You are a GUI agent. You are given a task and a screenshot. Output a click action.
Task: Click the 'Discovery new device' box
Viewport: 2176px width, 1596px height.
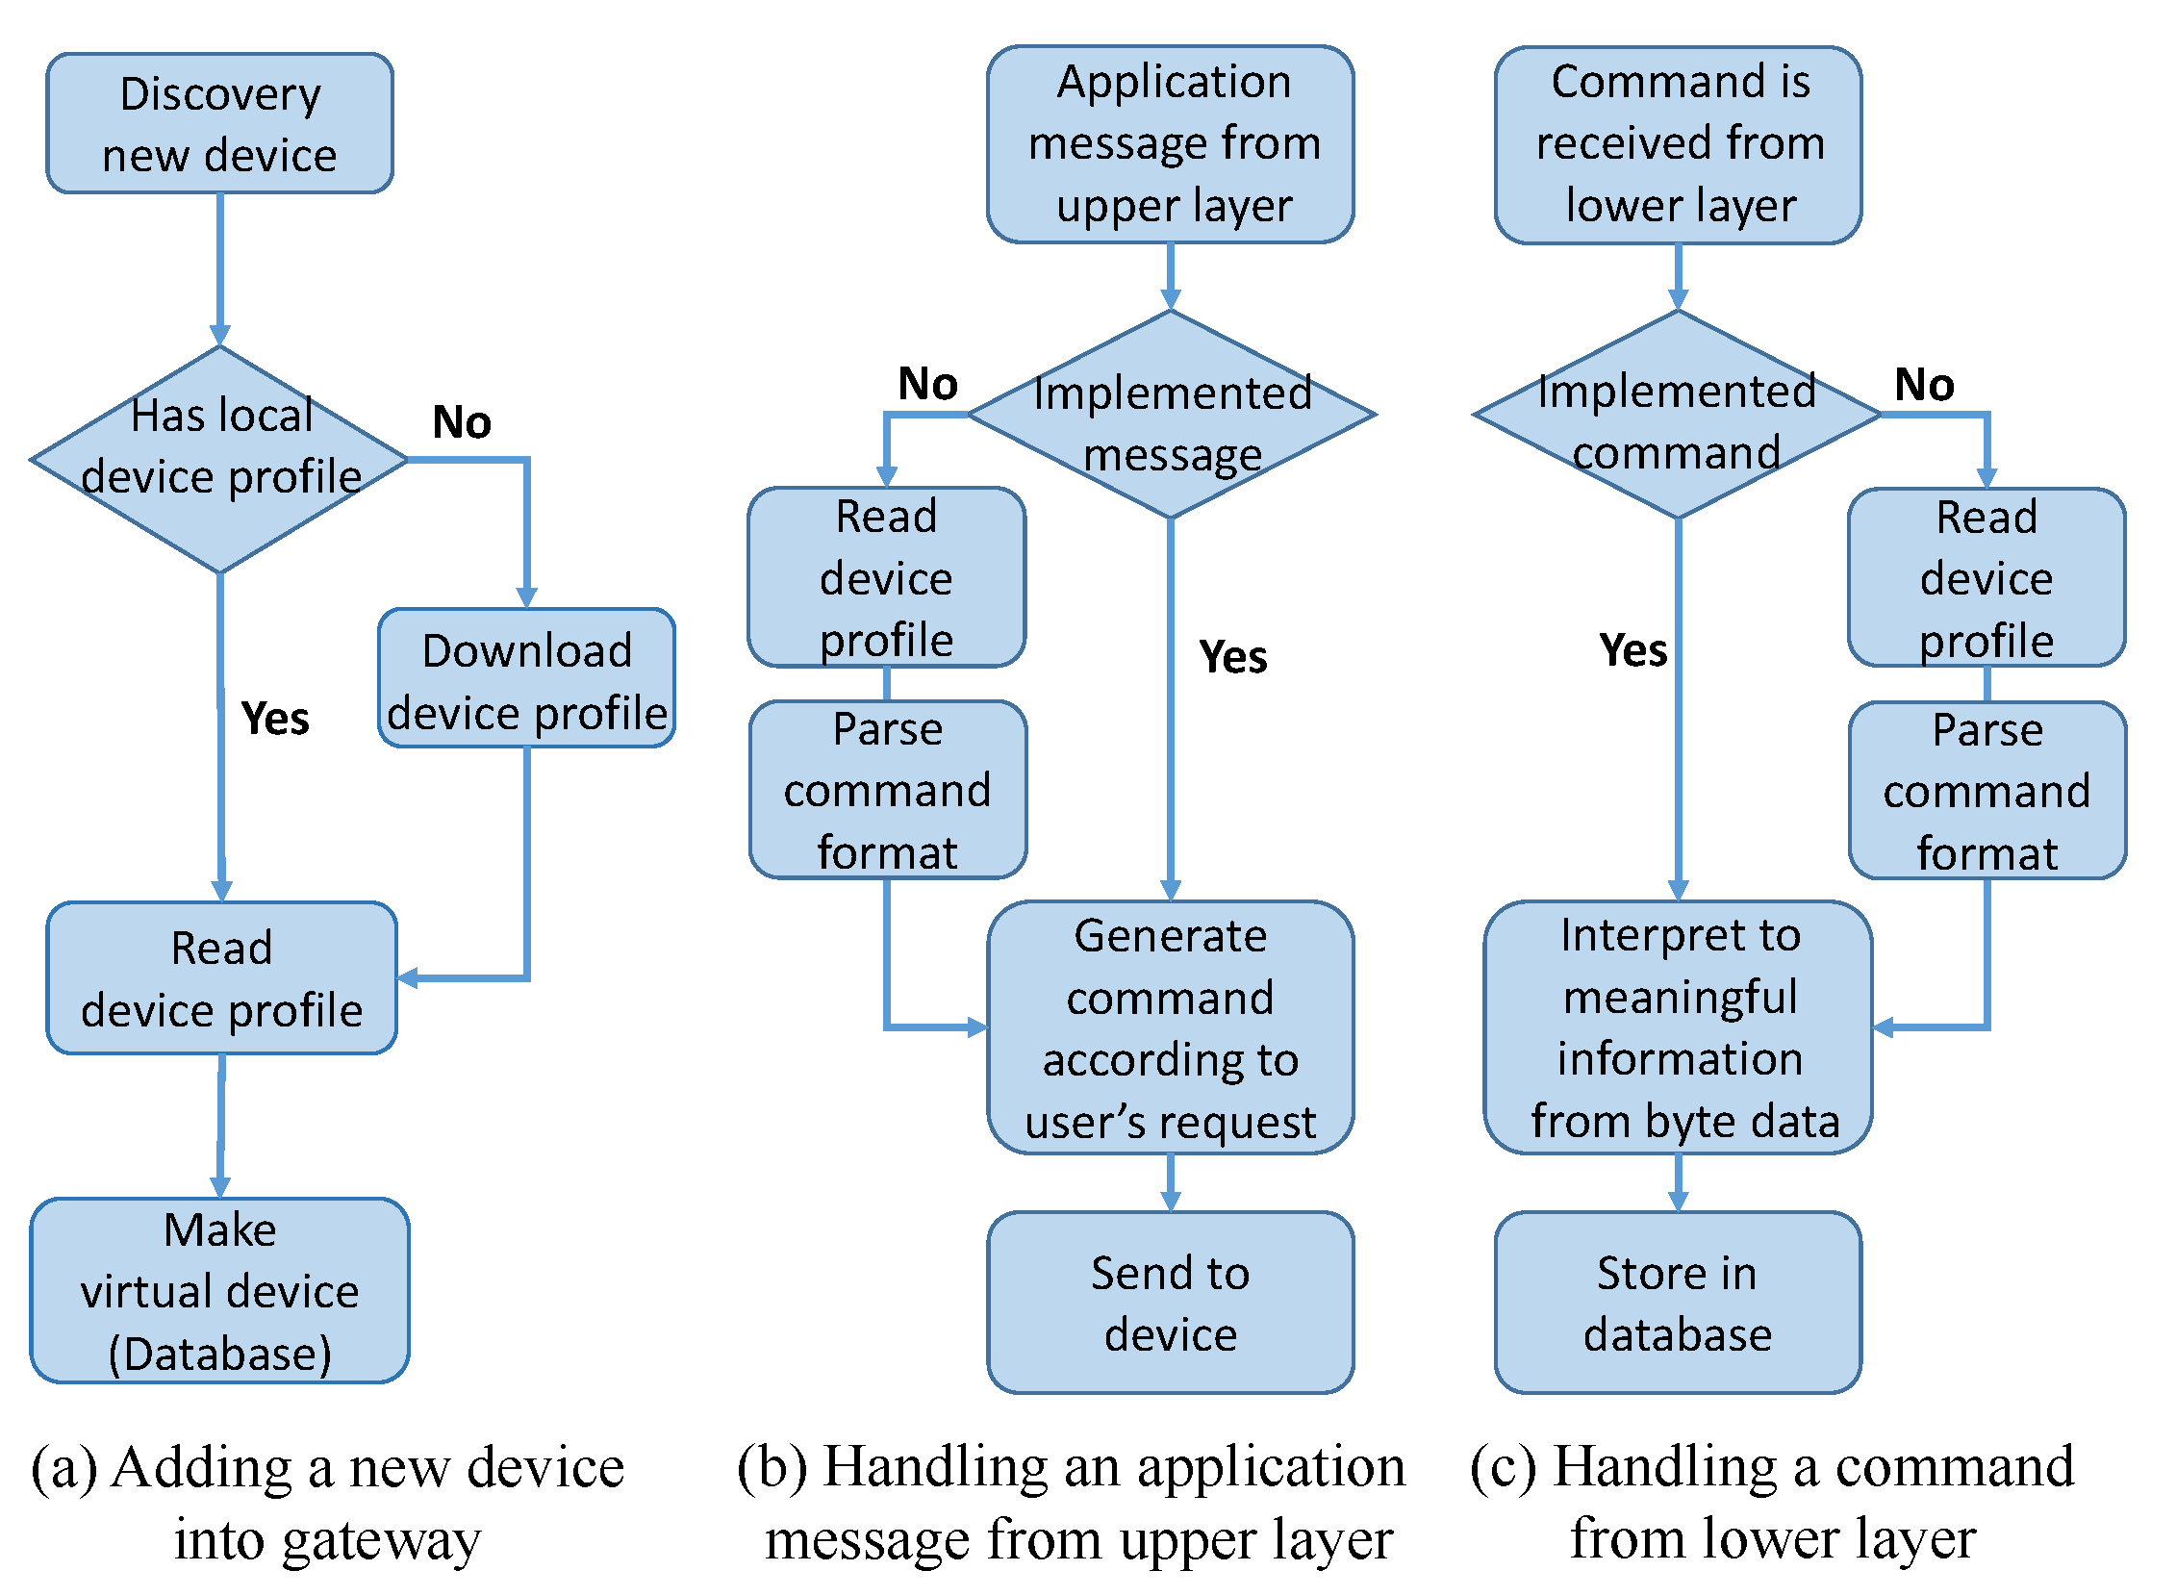pyautogui.click(x=219, y=124)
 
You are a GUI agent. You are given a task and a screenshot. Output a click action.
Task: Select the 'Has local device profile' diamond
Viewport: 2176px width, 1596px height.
pyautogui.click(x=219, y=460)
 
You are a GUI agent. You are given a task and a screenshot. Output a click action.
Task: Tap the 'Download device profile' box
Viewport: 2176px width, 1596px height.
pyautogui.click(x=526, y=678)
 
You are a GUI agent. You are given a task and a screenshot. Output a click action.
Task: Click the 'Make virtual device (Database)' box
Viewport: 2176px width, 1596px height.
pyautogui.click(x=219, y=1292)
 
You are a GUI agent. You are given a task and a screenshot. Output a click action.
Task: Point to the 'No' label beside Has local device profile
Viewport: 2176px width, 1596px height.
pyautogui.click(x=462, y=422)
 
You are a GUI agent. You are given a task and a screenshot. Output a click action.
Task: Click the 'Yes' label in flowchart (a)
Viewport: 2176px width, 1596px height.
pyautogui.click(x=275, y=719)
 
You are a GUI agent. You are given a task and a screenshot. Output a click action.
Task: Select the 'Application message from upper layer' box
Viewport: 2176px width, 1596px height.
pyautogui.click(x=1171, y=144)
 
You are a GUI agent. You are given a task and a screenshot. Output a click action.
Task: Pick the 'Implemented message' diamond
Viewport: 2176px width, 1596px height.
pyautogui.click(x=1171, y=416)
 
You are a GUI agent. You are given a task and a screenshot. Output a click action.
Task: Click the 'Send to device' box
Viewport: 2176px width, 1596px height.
pyautogui.click(x=1171, y=1304)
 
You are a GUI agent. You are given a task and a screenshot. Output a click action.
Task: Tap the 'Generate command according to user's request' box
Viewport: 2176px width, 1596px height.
pyautogui.click(x=1171, y=1028)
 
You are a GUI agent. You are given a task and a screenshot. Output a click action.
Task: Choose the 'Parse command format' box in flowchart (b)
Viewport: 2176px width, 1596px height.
pyautogui.click(x=888, y=790)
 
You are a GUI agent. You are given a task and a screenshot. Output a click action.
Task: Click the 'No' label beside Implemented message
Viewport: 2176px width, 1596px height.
pyautogui.click(x=927, y=384)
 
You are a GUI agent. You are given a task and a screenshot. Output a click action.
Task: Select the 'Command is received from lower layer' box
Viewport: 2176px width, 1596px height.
pyautogui.click(x=1679, y=144)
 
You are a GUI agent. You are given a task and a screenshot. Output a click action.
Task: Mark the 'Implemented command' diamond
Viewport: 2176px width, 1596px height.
pyautogui.click(x=1678, y=416)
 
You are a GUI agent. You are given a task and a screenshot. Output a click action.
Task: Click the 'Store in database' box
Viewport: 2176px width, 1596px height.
pyautogui.click(x=1679, y=1304)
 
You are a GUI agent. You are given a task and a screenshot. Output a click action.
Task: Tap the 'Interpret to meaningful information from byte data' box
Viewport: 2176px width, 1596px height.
pyautogui.click(x=1679, y=1028)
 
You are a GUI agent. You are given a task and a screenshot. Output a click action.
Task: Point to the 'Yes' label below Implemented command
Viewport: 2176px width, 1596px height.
pyautogui.click(x=1633, y=650)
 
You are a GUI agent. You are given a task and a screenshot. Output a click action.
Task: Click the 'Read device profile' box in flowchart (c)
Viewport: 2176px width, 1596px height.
pyautogui.click(x=1986, y=578)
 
